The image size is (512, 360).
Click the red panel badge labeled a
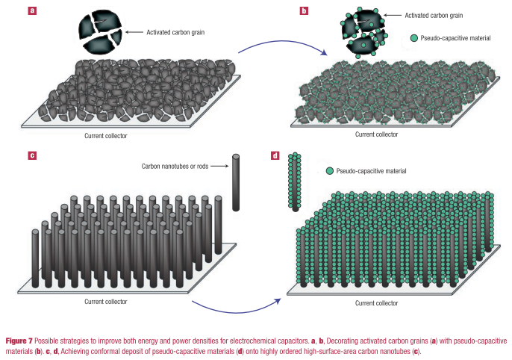32,10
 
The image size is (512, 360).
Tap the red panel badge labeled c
32,155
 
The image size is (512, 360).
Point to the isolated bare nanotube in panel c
237,182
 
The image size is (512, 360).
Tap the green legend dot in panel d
330,171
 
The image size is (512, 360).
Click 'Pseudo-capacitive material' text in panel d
372,171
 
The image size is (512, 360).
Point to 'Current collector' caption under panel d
376,302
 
